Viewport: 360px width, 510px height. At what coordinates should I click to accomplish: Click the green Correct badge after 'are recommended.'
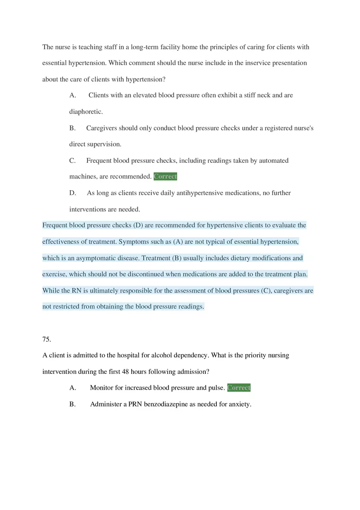click(x=165, y=177)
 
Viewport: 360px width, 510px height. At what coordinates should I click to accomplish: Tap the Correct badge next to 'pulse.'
click(x=239, y=388)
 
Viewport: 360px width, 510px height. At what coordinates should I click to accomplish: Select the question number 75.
click(x=47, y=339)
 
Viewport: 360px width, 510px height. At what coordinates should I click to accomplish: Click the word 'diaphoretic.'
click(x=86, y=112)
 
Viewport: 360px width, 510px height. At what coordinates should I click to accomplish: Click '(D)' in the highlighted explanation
click(x=138, y=225)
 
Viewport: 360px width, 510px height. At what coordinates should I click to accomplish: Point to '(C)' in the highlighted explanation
click(x=266, y=291)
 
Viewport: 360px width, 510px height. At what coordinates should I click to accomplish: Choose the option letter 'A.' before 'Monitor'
click(x=73, y=388)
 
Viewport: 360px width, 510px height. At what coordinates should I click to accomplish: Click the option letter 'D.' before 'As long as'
click(x=73, y=193)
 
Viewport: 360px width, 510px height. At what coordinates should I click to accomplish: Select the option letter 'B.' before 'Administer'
click(x=73, y=404)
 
